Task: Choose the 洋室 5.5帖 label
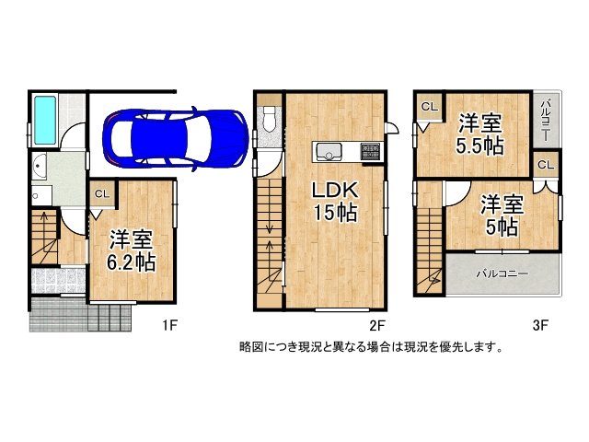coord(479,134)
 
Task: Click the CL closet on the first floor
coord(101,194)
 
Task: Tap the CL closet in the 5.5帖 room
coord(428,107)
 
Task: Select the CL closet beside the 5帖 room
coord(545,165)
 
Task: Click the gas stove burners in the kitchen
coord(370,151)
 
